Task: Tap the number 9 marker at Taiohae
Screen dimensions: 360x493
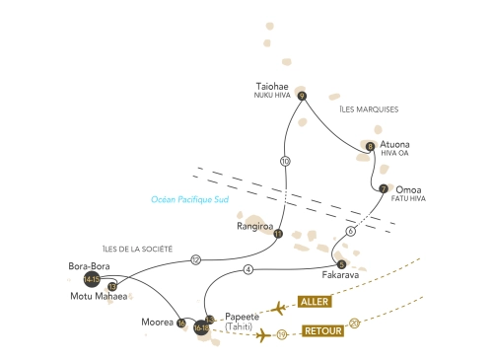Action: point(302,96)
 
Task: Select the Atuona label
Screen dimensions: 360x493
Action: point(394,144)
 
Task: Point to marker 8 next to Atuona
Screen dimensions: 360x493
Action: point(370,147)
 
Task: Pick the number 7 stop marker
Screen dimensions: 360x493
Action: point(384,188)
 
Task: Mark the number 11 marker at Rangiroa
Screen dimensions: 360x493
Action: point(278,234)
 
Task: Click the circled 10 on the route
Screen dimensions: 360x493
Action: point(285,161)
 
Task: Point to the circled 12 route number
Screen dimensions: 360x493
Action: point(195,259)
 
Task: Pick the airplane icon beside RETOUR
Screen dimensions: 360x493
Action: point(263,335)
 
